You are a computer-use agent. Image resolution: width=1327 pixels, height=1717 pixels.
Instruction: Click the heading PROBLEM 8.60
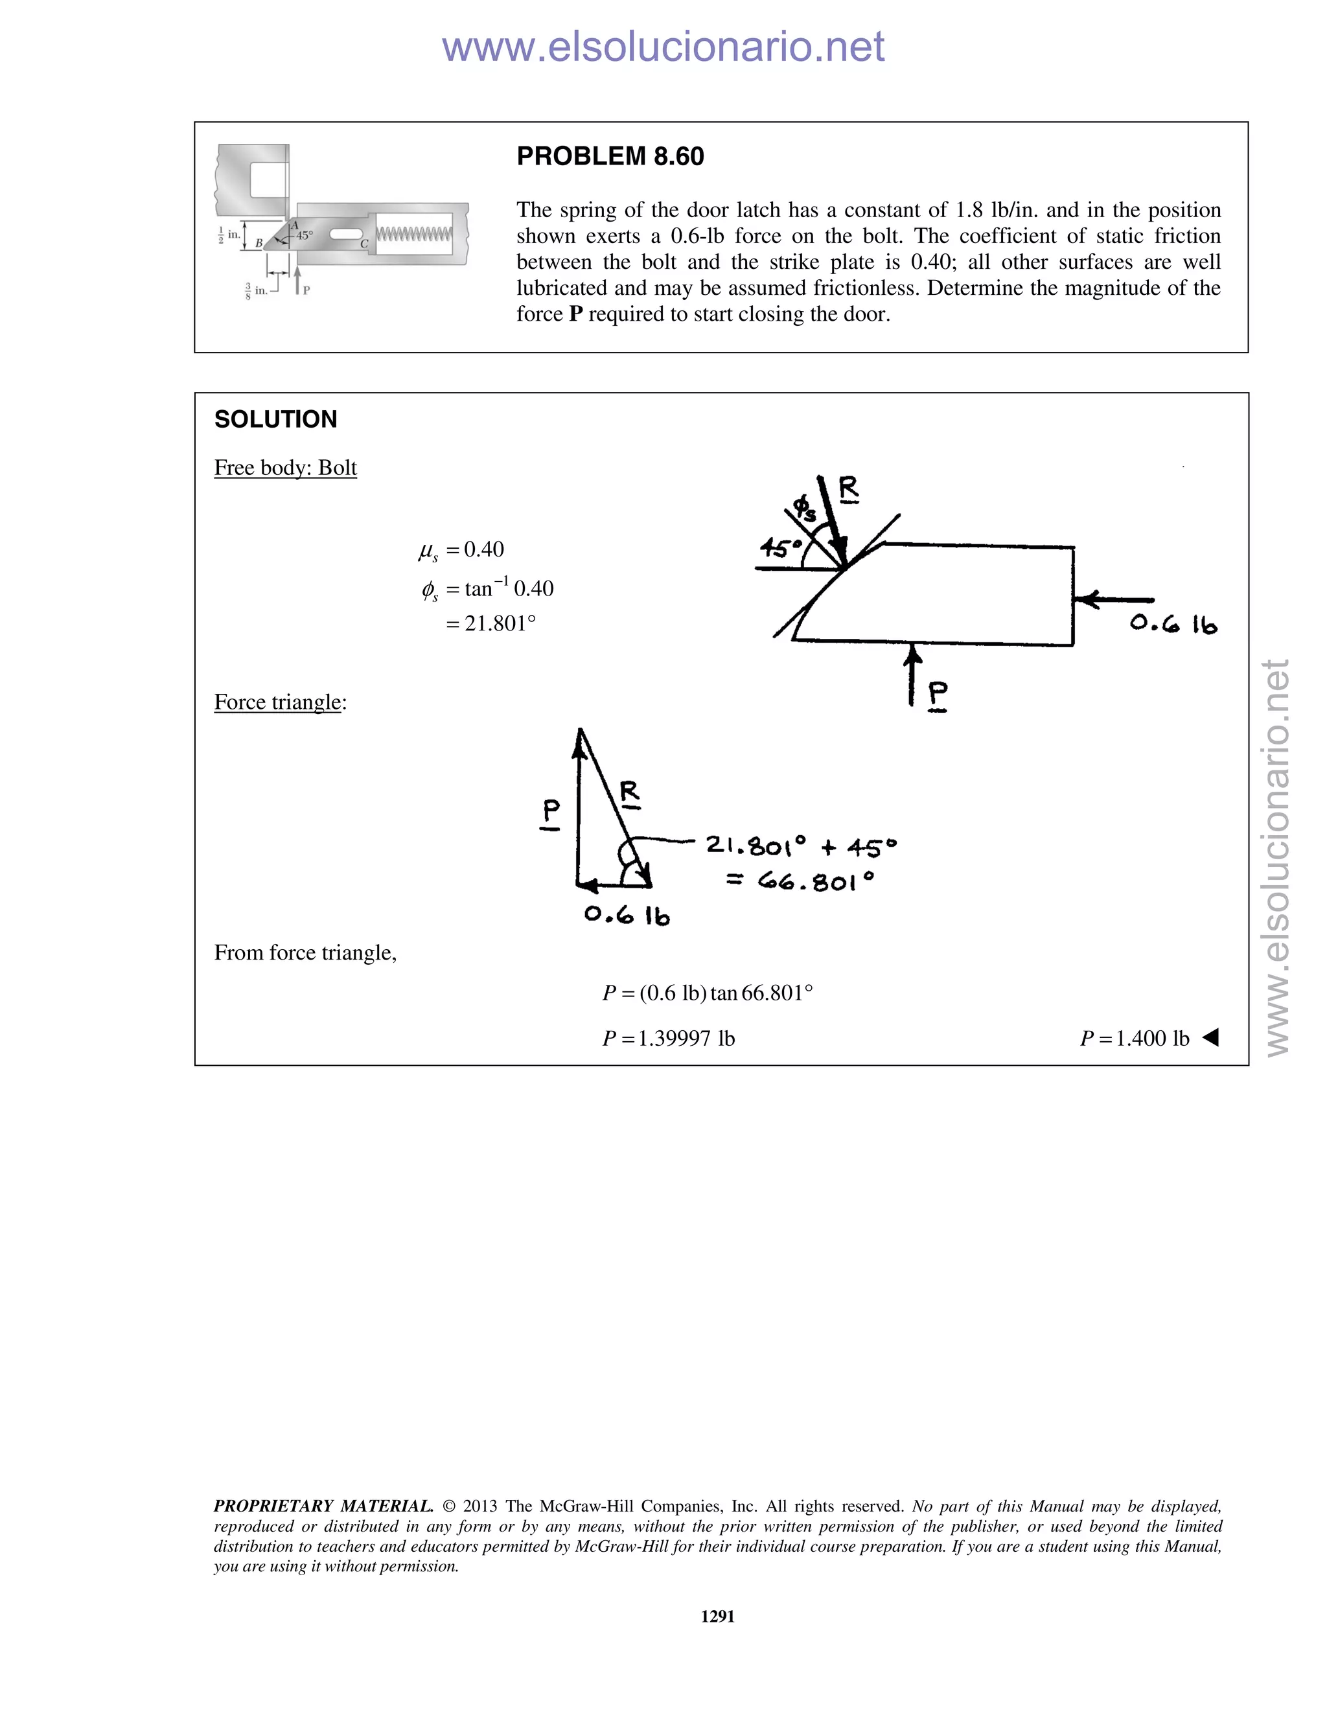(x=610, y=156)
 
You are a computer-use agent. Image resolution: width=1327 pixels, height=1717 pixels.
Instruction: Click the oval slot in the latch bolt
(x=345, y=235)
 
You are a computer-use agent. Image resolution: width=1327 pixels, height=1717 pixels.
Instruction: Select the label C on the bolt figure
(x=364, y=244)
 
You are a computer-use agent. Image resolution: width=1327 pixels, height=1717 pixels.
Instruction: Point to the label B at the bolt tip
(x=259, y=244)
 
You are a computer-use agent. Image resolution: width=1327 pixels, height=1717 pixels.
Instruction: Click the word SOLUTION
(x=275, y=419)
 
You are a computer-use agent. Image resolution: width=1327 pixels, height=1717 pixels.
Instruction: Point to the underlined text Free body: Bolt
(x=285, y=468)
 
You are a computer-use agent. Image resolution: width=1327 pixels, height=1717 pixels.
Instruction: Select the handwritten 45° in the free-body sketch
(x=778, y=548)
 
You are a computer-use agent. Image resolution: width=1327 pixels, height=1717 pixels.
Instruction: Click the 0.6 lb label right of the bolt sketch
(x=1173, y=624)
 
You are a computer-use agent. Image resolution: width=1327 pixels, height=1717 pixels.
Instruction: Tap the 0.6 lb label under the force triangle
(x=627, y=915)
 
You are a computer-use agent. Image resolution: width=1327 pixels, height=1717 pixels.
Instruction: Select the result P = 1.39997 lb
(x=668, y=1039)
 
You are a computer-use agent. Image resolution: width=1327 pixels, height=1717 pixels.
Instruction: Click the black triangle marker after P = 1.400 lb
(x=1210, y=1038)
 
